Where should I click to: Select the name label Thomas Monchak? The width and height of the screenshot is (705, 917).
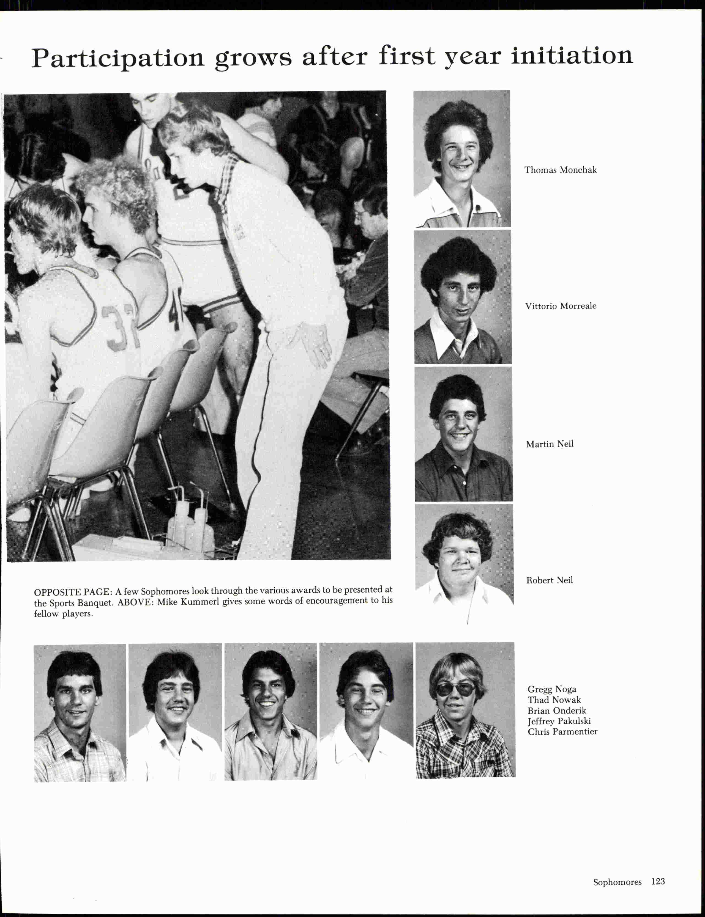coord(560,170)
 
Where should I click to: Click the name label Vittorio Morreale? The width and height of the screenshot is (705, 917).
coord(561,306)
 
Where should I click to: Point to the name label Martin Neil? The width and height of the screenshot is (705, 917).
coord(549,444)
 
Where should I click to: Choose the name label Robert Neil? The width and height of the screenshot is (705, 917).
coord(549,580)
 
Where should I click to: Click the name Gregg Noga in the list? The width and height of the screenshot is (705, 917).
coord(552,689)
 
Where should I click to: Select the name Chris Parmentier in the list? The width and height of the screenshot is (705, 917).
coord(562,732)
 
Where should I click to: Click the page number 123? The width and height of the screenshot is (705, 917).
coord(658,881)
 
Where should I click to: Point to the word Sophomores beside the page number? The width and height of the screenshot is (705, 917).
coord(617,882)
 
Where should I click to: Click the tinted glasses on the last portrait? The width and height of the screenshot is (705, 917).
coord(455,690)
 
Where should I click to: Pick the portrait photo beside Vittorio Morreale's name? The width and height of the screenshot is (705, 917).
coord(463,297)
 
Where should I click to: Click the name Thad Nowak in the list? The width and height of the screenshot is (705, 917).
coord(554,700)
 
